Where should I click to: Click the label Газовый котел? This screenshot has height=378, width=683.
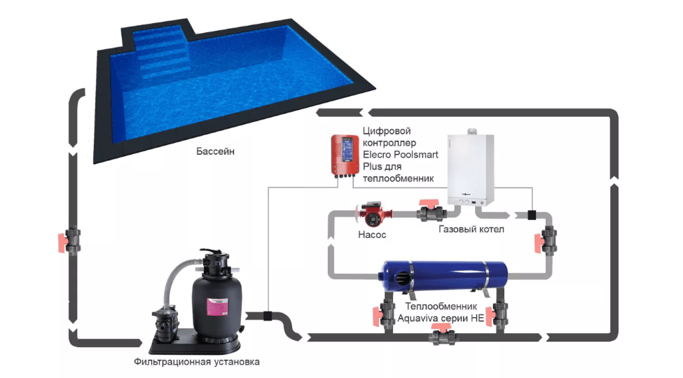click(471, 229)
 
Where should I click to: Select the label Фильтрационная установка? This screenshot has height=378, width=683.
click(197, 362)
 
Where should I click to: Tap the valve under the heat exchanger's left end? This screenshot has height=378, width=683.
click(387, 315)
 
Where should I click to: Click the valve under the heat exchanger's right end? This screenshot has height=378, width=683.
click(500, 315)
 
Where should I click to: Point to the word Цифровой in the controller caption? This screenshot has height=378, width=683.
click(386, 131)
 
